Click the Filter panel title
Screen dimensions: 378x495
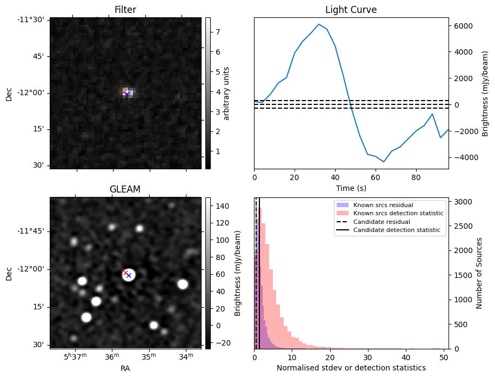click(125, 10)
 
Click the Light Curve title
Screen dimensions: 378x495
click(351, 10)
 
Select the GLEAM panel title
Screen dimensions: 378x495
click(125, 189)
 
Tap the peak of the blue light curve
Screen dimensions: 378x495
click(319, 24)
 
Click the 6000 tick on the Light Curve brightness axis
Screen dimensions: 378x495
click(463, 26)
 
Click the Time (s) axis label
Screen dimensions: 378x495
click(351, 187)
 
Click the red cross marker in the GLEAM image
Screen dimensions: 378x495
click(125, 273)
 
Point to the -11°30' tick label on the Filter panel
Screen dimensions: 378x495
click(32, 20)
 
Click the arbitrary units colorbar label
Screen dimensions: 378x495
click(227, 93)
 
